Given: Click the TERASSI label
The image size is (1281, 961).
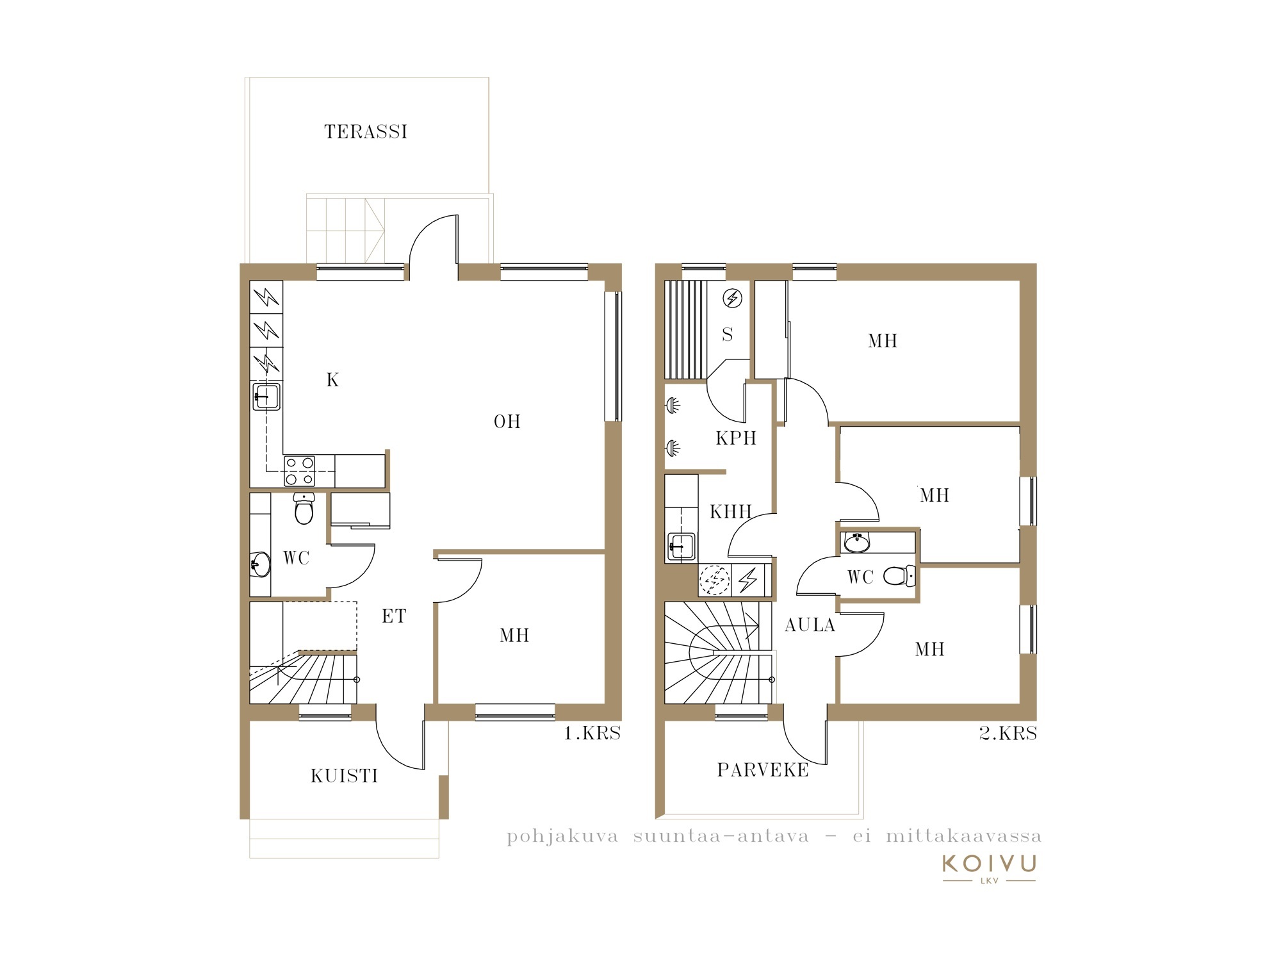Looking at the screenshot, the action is tap(366, 132).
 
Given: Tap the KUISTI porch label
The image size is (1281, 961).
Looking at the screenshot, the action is tap(345, 776).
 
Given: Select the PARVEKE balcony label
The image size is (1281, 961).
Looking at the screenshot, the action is tap(763, 770).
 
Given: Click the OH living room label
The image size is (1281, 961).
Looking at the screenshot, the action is tap(507, 422).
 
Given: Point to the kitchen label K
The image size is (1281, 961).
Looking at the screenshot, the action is tap(332, 380).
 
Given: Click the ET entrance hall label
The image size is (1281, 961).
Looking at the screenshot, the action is tap(394, 616).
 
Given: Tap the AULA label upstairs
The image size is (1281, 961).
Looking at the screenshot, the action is tap(810, 625).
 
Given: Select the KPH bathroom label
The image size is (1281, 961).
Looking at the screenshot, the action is tap(736, 438).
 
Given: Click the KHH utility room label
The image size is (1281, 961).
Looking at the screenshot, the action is tap(731, 512).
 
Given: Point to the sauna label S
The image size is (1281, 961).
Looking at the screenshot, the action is tap(727, 334).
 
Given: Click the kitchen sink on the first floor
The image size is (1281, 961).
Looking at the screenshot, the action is tap(266, 397).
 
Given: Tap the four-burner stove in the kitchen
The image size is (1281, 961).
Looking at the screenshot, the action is tap(299, 471).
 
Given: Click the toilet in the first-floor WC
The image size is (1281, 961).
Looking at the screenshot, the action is tap(304, 508).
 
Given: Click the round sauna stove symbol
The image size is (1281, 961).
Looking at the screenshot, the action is tap(732, 298).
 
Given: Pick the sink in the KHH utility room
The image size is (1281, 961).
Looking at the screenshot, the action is tap(681, 547).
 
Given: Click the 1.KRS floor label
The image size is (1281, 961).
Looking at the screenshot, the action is tap(592, 734).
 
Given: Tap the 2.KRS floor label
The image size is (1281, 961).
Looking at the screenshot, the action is tap(1008, 734).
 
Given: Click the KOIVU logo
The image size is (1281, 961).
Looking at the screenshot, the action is tap(989, 867).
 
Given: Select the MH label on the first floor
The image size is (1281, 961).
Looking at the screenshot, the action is tap(514, 636).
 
